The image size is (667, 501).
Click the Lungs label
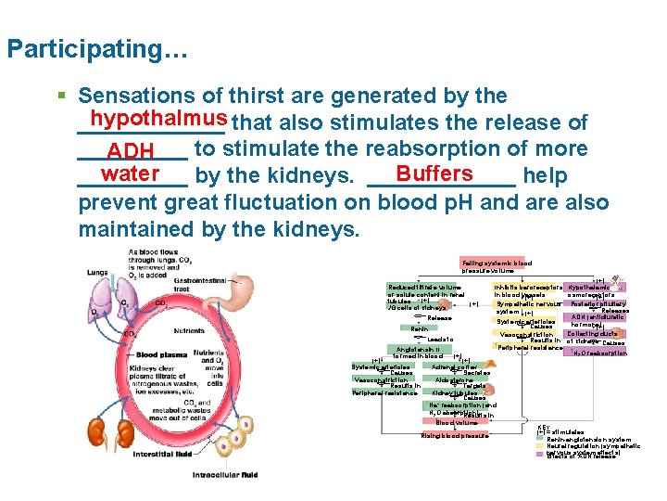coord(97,272)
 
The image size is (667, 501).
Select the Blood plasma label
coord(159,354)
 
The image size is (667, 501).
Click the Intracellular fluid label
coord(224,476)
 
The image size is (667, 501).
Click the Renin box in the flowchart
coord(419,328)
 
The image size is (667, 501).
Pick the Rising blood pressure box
coord(455,435)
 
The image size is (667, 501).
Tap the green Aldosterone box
coord(454,379)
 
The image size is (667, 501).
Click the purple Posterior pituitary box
coord(598,302)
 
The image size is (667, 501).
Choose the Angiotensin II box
coord(419,353)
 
